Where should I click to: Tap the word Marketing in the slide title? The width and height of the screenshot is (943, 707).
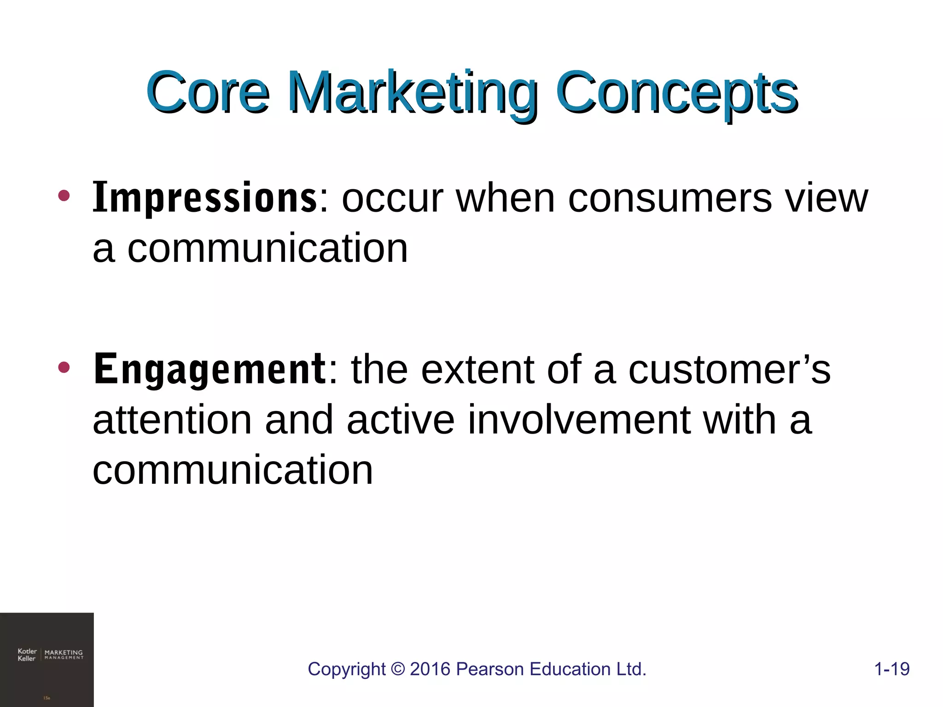[x=412, y=94]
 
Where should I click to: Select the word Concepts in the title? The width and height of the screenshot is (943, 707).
[x=677, y=94]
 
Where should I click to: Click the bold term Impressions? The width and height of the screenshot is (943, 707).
[x=204, y=199]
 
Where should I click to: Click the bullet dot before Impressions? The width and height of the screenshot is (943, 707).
[x=64, y=196]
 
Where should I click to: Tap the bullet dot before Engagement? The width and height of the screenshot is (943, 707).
[x=64, y=367]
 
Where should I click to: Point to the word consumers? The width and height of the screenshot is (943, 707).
[x=669, y=199]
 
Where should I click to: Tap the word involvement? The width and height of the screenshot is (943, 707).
[x=579, y=420]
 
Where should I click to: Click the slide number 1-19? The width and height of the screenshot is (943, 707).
[x=891, y=669]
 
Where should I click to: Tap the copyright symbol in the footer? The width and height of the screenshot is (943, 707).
[x=397, y=669]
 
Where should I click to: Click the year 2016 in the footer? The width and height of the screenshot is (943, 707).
[x=430, y=669]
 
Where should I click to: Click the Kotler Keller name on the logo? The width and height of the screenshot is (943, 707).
[x=27, y=655]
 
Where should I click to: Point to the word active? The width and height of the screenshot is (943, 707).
[x=401, y=420]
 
